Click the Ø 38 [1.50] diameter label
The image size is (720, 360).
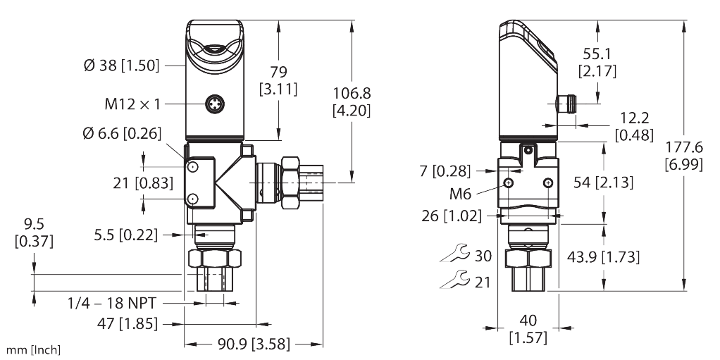pos(122,66)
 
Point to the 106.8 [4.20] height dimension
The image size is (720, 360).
pos(352,101)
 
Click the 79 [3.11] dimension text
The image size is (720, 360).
pos(278,80)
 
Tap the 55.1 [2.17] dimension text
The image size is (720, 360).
pos(597,62)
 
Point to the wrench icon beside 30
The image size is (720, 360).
pos(454,254)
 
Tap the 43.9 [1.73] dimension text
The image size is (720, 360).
pos(604,257)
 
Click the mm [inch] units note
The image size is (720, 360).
pos(32,350)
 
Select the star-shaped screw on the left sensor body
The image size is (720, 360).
pos(214,105)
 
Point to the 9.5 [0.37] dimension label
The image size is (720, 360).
pos(33,234)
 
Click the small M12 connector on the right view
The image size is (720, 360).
pos(566,104)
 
